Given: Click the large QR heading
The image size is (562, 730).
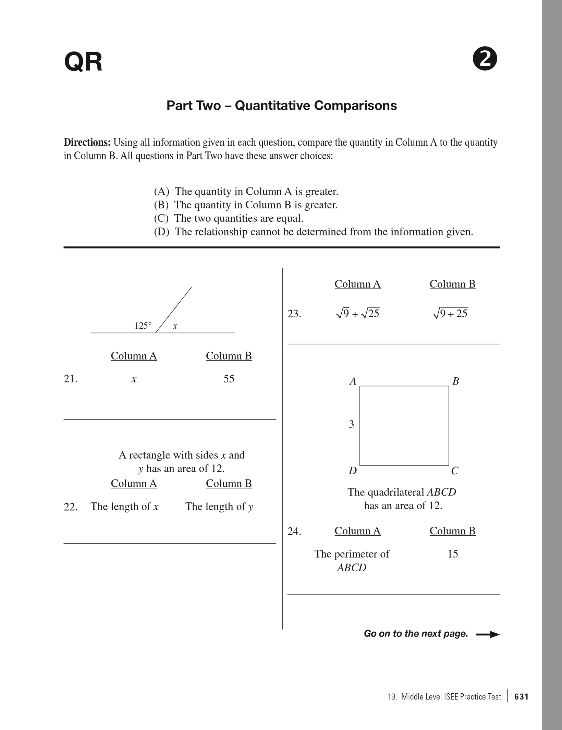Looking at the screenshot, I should click(83, 62).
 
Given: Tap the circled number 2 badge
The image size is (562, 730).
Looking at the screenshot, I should click(485, 60).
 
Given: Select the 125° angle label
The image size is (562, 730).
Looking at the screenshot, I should click(143, 326).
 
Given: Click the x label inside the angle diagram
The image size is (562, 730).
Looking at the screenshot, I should click(175, 326).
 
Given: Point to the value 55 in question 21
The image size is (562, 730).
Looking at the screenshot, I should click(229, 379).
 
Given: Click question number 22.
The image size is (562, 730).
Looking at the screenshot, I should click(70, 507).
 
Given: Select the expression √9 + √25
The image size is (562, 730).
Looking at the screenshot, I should click(357, 313).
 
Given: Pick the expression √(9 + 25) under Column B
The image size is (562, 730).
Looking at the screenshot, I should click(450, 313).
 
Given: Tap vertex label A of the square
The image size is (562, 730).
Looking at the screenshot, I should click(353, 381).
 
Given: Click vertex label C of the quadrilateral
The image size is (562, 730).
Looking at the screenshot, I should click(455, 471).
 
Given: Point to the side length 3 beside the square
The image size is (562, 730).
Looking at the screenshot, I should click(351, 424).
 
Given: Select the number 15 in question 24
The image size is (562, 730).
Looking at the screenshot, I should click(453, 554).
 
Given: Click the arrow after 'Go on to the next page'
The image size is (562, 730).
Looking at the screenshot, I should click(488, 634).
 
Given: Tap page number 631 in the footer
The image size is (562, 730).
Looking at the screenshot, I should click(522, 697).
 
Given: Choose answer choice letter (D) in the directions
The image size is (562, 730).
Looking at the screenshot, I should click(161, 232).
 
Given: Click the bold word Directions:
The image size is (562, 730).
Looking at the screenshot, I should click(87, 142).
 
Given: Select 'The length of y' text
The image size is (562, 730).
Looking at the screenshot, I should click(219, 507).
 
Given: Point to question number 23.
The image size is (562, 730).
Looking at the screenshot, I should click(294, 314).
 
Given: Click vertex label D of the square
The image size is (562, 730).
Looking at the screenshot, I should click(353, 471).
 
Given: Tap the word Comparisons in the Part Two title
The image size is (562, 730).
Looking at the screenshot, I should click(355, 106).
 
